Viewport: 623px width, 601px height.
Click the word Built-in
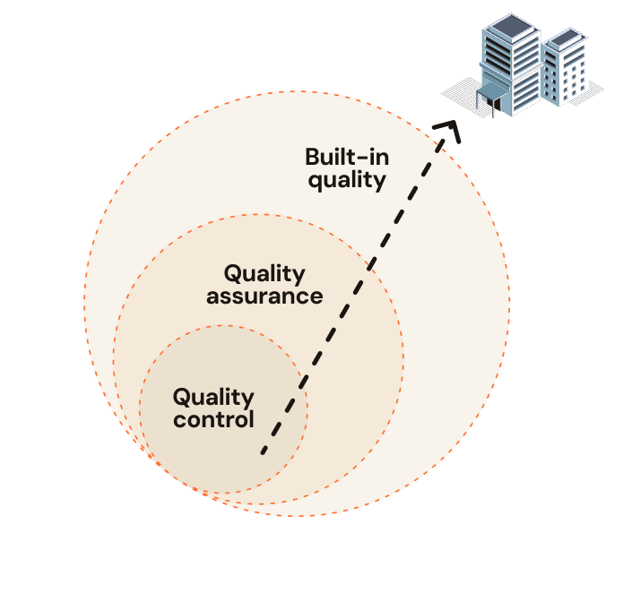pos(347,157)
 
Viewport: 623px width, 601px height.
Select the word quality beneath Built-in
pos(347,181)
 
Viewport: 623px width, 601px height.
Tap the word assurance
pos(264,297)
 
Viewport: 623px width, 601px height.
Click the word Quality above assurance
pos(264,275)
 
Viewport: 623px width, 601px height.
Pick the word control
pos(213,419)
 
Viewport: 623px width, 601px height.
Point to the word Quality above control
pos(213,398)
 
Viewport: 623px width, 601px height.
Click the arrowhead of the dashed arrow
pos(448,130)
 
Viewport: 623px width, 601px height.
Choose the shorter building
pos(564,67)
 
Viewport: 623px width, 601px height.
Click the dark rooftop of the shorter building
pos(565,39)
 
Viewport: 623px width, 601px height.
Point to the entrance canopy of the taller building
pos(492,93)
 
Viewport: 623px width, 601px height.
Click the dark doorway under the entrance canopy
pos(497,105)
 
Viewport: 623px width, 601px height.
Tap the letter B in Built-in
pos(312,157)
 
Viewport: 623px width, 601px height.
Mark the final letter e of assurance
pos(316,297)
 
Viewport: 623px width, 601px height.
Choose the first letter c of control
pos(180,421)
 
